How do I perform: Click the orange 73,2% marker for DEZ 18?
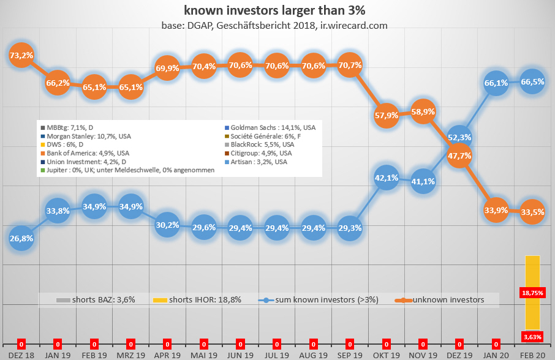[21, 55]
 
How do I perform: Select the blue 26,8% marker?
[21, 238]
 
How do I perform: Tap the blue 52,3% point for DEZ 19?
[459, 138]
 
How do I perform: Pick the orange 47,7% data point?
[459, 156]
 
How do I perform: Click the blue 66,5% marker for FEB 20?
[533, 82]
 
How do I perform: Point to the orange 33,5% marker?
[533, 212]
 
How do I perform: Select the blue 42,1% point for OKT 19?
[386, 178]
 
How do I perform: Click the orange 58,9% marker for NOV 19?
[423, 112]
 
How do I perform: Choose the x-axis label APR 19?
[167, 354]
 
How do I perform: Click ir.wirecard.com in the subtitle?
[353, 26]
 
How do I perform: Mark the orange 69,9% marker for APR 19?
[167, 69]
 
